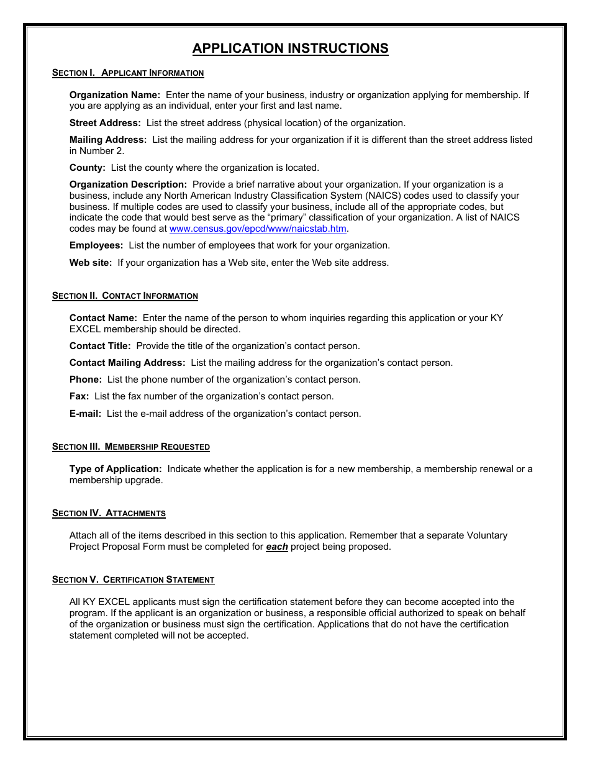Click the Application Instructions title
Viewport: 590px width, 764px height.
290,48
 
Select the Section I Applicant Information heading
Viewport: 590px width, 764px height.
128,73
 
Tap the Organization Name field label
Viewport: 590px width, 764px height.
114,95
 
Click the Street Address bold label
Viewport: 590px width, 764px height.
105,123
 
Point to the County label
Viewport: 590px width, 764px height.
87,168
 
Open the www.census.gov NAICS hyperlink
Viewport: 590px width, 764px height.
258,229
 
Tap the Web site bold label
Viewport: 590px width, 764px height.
91,263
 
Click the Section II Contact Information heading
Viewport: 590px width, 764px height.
125,296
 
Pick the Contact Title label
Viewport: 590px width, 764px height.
100,346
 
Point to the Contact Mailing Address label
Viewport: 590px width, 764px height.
127,363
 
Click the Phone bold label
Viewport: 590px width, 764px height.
85,380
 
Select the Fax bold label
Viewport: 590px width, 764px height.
79,396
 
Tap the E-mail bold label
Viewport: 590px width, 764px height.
85,414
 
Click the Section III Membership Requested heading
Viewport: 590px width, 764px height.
131,447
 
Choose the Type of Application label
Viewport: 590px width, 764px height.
116,469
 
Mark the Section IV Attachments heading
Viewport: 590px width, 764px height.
109,513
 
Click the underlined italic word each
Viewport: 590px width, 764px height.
277,547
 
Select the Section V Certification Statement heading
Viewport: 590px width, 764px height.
133,580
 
